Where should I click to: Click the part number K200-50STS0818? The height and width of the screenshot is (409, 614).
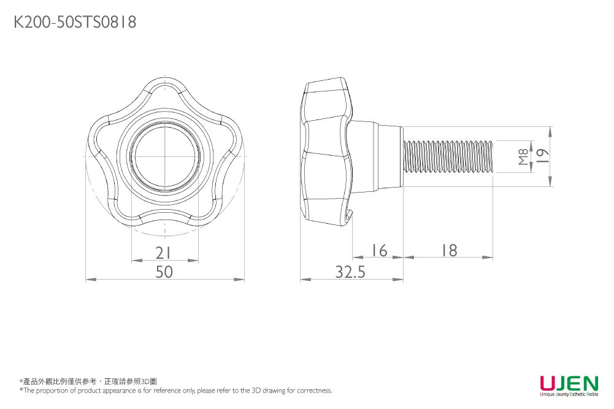point(75,22)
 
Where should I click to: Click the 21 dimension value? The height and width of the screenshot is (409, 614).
point(163,253)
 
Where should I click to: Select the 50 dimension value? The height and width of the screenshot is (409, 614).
point(164,272)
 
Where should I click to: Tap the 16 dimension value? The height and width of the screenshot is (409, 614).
point(378,250)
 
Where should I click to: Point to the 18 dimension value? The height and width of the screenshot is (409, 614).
point(450,250)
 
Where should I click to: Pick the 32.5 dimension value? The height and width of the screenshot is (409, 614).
point(350,272)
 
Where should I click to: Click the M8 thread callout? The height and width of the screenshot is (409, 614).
point(523,156)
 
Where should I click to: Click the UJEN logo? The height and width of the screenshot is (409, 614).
point(569,383)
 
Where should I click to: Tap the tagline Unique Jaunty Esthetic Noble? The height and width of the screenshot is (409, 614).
point(569,394)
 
